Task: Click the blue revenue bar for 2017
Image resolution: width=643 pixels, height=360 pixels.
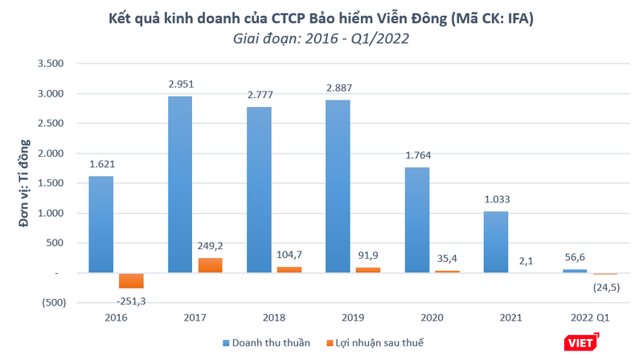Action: (x=180, y=185)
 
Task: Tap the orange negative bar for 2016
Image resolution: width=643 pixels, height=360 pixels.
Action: (x=131, y=280)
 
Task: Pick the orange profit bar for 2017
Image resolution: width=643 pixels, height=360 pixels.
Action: (x=209, y=266)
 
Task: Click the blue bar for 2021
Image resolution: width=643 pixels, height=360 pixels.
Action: (x=496, y=242)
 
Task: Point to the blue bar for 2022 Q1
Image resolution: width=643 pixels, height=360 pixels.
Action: (x=575, y=272)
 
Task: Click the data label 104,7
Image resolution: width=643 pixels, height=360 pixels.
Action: (x=288, y=256)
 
